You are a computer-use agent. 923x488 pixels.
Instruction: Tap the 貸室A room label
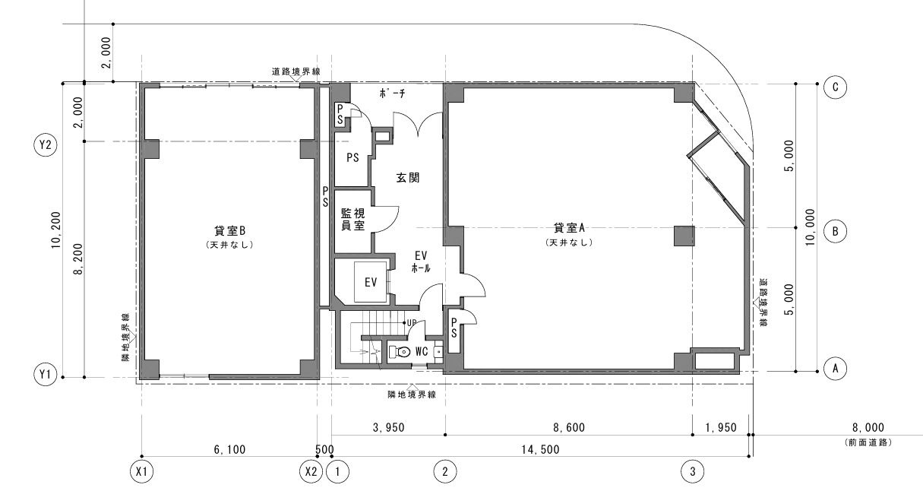point(569,227)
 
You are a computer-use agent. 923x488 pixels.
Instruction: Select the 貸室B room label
point(229,230)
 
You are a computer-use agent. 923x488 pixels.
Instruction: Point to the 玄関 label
point(408,178)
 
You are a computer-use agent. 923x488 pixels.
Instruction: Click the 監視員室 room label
point(352,219)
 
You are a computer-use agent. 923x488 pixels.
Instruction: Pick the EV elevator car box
point(371,282)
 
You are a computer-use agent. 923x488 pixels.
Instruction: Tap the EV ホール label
point(421,261)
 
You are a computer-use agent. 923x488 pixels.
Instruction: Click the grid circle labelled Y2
point(45,145)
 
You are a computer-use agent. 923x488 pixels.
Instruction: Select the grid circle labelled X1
point(141,471)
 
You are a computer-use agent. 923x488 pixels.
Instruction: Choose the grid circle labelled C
point(835,87)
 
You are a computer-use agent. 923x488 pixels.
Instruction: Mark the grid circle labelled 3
point(692,471)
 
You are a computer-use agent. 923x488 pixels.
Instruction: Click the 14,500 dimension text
point(540,449)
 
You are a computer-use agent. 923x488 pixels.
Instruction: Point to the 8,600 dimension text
point(569,427)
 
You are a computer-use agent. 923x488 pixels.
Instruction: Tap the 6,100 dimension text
point(229,449)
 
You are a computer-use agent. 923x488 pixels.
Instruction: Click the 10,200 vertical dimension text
point(56,230)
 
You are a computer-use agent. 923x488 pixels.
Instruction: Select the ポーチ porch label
point(392,93)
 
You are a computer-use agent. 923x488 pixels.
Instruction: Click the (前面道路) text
point(868,442)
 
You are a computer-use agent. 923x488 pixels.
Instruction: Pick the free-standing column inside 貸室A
point(684,236)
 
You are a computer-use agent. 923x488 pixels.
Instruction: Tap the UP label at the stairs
point(412,323)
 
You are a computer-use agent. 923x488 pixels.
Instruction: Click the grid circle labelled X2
point(311,471)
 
